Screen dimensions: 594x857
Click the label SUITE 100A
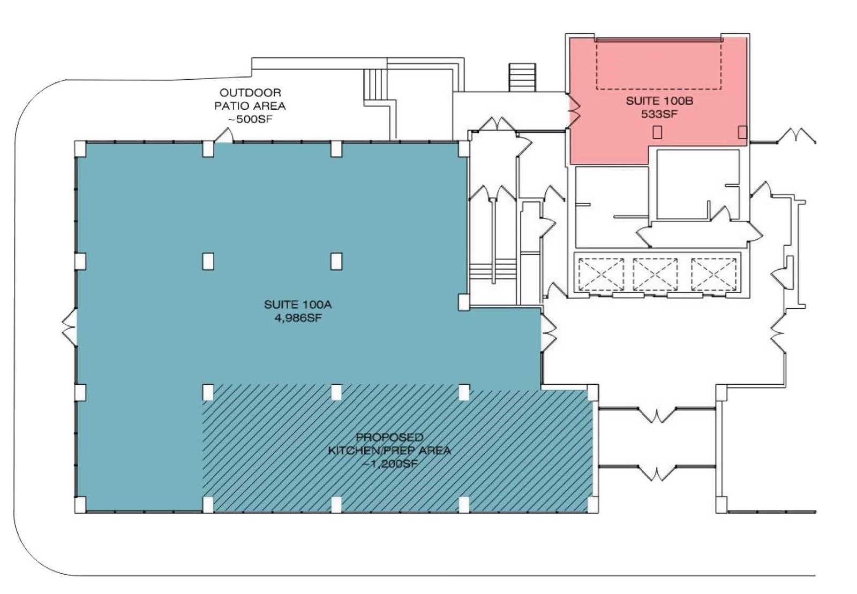click(x=298, y=304)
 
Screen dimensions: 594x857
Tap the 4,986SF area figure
click(x=298, y=318)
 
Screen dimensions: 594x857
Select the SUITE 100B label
click(x=659, y=101)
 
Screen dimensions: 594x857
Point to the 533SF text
click(x=659, y=114)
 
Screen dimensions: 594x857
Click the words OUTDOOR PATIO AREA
click(x=250, y=100)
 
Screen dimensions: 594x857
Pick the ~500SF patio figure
click(x=250, y=119)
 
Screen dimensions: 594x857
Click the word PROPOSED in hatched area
click(x=389, y=437)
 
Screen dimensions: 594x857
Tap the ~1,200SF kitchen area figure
click(x=389, y=464)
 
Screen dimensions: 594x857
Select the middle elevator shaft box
click(x=656, y=275)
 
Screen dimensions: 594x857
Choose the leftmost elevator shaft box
click(x=600, y=275)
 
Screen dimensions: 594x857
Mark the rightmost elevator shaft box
click(x=713, y=275)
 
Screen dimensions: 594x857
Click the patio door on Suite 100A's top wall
click(x=224, y=135)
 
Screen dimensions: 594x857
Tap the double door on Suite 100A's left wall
click(x=70, y=328)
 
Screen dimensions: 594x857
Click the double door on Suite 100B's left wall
click(x=574, y=110)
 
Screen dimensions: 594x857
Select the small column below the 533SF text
click(x=657, y=132)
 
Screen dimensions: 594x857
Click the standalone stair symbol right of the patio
click(x=522, y=77)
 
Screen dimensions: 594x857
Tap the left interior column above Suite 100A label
click(x=208, y=261)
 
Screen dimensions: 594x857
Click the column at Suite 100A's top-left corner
click(x=80, y=148)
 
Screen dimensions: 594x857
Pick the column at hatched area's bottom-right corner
click(x=592, y=505)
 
